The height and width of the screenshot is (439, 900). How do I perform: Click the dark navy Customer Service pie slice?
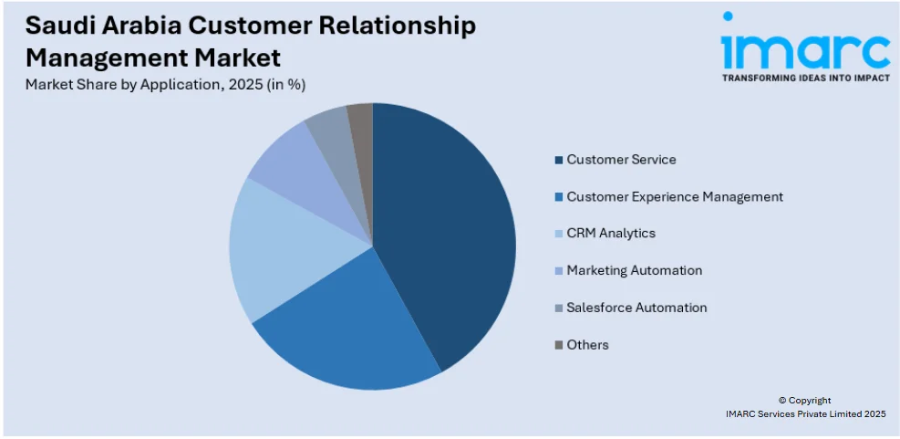click(x=447, y=237)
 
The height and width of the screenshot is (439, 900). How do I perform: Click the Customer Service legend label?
click(x=621, y=160)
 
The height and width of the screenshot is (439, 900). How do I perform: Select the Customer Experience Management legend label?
click(x=674, y=196)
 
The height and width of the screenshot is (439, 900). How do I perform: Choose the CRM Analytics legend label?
click(x=610, y=234)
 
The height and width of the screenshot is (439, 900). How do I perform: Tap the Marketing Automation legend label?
click(x=634, y=270)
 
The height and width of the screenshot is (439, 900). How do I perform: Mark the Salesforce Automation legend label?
click(x=636, y=308)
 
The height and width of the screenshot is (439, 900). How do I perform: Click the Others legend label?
click(x=587, y=345)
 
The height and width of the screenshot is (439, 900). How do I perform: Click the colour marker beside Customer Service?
click(x=558, y=161)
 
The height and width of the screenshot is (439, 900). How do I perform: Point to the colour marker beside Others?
click(x=558, y=346)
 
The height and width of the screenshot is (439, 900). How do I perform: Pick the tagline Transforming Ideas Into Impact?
click(x=805, y=78)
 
